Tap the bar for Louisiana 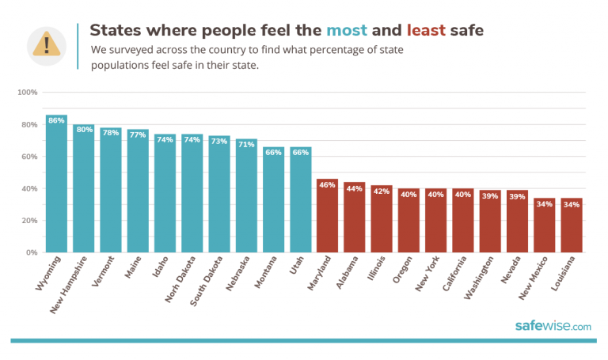tap(572, 229)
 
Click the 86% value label tap(56, 121)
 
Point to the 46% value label tap(327, 184)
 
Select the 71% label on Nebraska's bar tap(246, 145)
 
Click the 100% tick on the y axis tap(28, 93)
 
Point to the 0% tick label tap(32, 252)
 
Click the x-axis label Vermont tap(104, 272)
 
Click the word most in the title tap(346, 31)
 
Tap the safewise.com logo tap(553, 326)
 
